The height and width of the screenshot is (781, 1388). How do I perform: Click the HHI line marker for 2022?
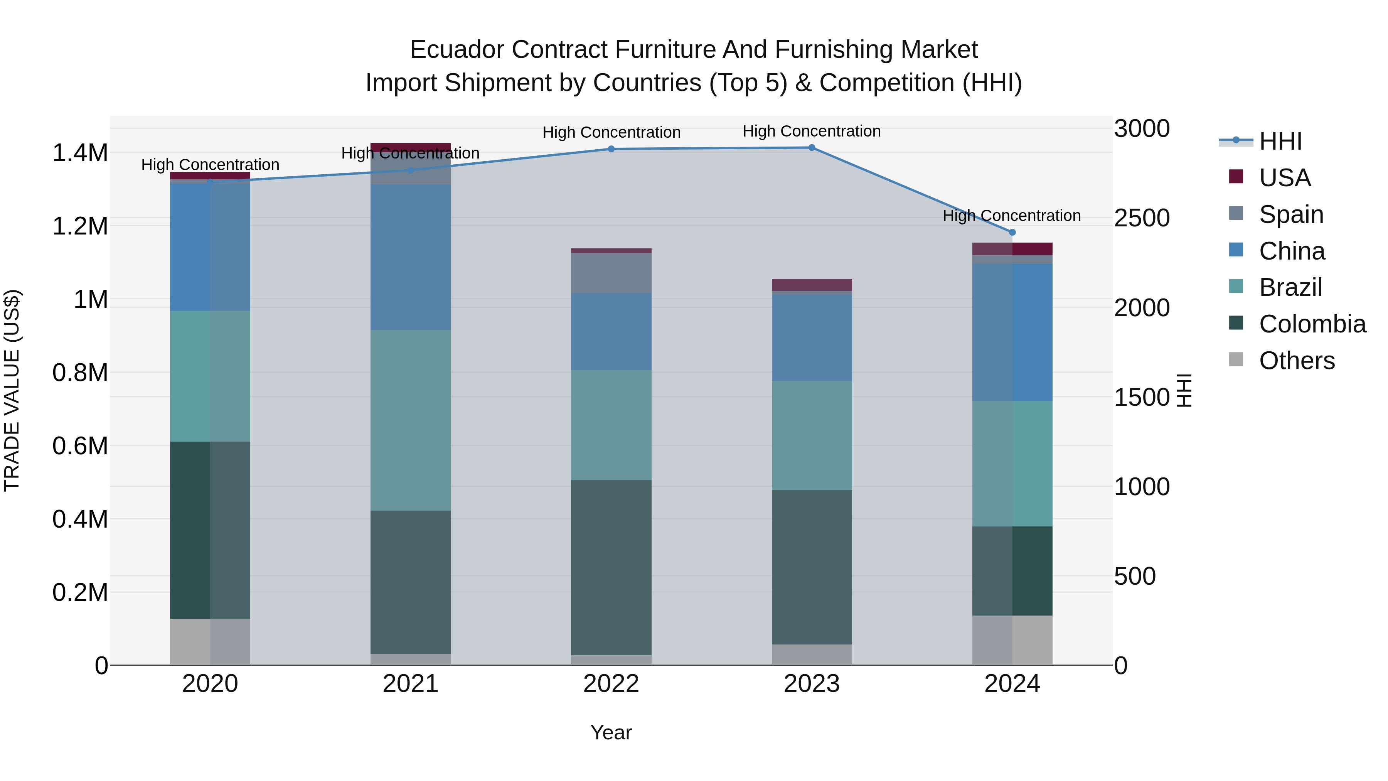(x=611, y=149)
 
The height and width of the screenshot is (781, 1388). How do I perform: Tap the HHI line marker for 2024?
(x=1012, y=232)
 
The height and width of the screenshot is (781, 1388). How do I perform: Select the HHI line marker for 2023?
(x=812, y=148)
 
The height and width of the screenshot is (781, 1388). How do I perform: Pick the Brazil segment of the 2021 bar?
(x=411, y=420)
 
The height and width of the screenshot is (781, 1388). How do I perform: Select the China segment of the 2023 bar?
(x=812, y=337)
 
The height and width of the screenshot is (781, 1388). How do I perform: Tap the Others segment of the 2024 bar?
(x=1012, y=640)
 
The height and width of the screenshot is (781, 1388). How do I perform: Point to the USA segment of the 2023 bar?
(x=812, y=285)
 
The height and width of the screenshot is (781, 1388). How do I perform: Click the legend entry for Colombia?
(x=1312, y=324)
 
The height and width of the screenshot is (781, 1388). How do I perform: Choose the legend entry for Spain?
(x=1290, y=214)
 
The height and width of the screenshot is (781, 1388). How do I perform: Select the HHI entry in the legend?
(x=1280, y=141)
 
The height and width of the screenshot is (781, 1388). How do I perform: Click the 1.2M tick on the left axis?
(x=80, y=226)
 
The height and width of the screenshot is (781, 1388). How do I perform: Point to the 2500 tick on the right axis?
(x=1141, y=218)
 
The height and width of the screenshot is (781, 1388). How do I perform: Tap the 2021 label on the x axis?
(x=411, y=684)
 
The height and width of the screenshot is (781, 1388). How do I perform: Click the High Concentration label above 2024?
(x=1011, y=216)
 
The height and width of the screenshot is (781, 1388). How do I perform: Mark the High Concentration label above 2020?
(x=210, y=164)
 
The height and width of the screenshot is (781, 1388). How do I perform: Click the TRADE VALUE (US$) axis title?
(x=12, y=390)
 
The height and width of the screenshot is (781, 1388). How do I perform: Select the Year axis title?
(x=611, y=732)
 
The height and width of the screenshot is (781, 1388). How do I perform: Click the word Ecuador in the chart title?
(x=457, y=50)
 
